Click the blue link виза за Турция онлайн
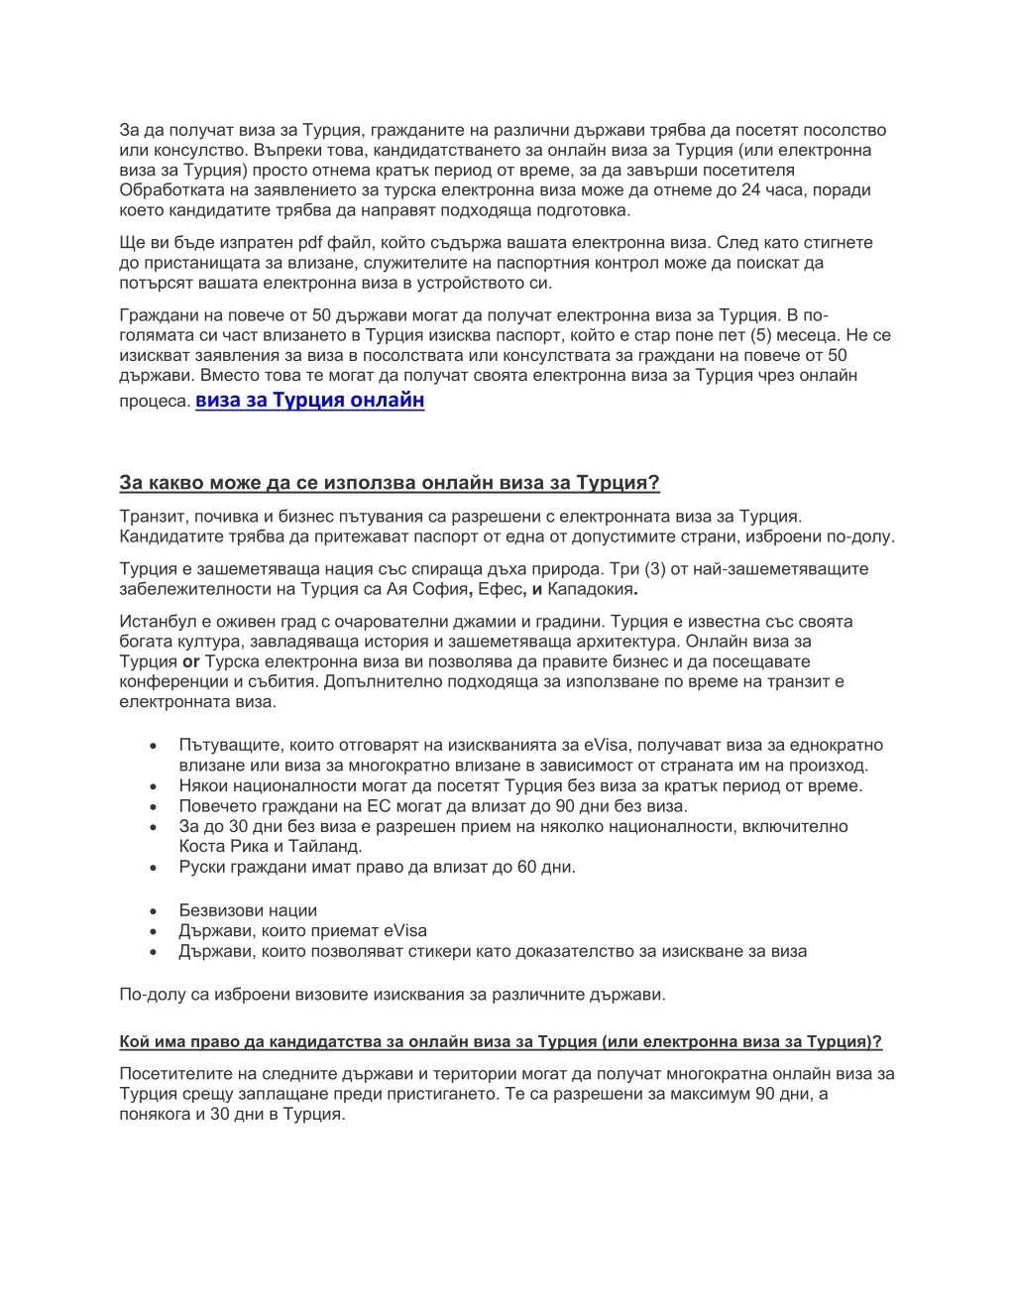pyautogui.click(x=309, y=400)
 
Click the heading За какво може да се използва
pyautogui.click(x=389, y=483)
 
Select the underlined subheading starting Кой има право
pyautogui.click(x=500, y=1041)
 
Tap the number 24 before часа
pyautogui.click(x=750, y=190)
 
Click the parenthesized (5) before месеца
pyautogui.click(x=766, y=335)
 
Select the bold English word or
pyautogui.click(x=191, y=661)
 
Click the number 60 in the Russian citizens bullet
pyautogui.click(x=526, y=867)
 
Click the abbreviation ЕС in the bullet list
pyautogui.click(x=379, y=806)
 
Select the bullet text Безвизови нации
pyautogui.click(x=248, y=910)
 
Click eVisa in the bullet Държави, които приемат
pyautogui.click(x=405, y=930)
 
